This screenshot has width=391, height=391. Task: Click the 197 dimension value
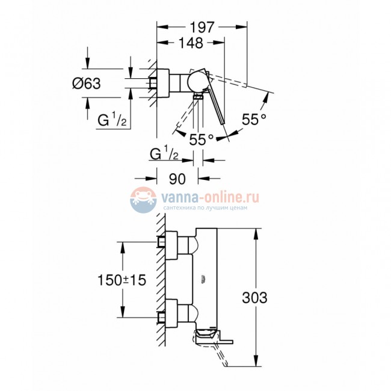point(202,27)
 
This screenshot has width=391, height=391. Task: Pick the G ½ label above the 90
point(163,155)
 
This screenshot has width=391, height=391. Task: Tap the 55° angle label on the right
point(254,119)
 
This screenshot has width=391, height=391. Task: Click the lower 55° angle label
point(202,139)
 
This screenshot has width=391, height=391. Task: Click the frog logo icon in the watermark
point(143,199)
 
